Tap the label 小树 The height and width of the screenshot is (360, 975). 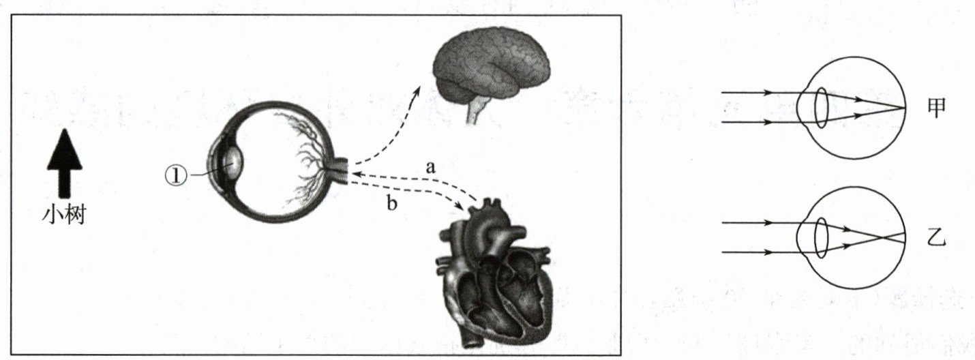point(64,215)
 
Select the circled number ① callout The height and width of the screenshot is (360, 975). point(175,175)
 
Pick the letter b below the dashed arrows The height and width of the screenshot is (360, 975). point(391,203)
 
